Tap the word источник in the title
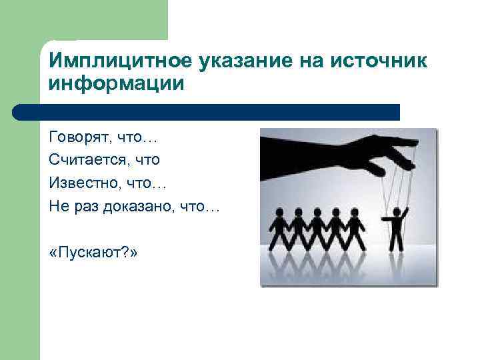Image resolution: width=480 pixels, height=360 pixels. click(x=377, y=61)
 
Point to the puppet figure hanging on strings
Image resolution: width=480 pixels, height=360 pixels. click(x=398, y=230)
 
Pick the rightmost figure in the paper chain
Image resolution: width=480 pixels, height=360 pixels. click(x=356, y=230)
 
